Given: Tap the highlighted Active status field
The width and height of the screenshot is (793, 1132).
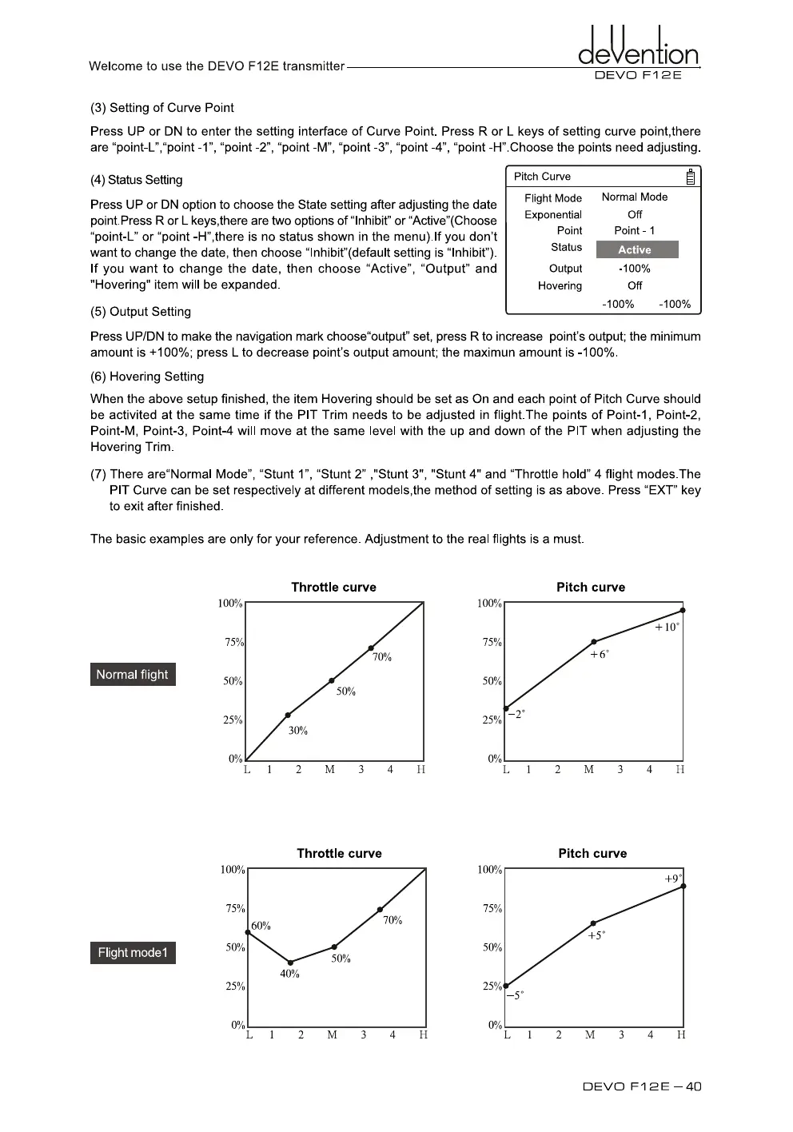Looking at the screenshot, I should click(635, 249).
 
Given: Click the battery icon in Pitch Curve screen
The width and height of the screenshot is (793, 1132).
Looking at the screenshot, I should click(691, 177).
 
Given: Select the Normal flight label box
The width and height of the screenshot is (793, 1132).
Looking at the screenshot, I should click(132, 675).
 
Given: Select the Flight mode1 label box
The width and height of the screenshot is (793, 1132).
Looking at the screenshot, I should click(133, 953).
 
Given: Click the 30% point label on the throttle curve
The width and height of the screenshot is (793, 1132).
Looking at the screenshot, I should click(298, 731).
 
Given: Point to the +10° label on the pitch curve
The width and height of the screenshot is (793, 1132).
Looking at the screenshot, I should click(667, 628).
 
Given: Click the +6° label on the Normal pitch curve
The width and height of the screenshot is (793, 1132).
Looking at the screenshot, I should click(599, 655).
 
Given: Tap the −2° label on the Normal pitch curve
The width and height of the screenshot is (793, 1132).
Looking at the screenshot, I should click(516, 714).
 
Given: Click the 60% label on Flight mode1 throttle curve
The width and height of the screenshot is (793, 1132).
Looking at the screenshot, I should click(261, 926).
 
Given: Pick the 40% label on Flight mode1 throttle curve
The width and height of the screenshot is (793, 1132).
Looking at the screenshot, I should click(289, 974).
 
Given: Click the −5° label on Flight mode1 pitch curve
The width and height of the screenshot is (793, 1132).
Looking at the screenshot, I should click(515, 995).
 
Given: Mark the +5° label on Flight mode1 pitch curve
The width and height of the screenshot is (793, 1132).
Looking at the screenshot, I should click(596, 935).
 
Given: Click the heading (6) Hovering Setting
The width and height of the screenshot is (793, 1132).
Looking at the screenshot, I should click(147, 377).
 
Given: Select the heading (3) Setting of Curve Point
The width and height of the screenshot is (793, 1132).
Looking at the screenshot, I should click(162, 108).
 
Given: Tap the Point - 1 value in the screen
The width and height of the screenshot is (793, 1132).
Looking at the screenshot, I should click(635, 230).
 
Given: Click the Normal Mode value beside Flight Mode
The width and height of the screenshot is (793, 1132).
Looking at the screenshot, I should click(635, 197).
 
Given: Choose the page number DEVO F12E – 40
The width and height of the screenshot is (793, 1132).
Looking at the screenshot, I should click(642, 1086).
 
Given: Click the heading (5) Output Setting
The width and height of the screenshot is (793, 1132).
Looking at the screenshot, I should click(141, 312).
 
